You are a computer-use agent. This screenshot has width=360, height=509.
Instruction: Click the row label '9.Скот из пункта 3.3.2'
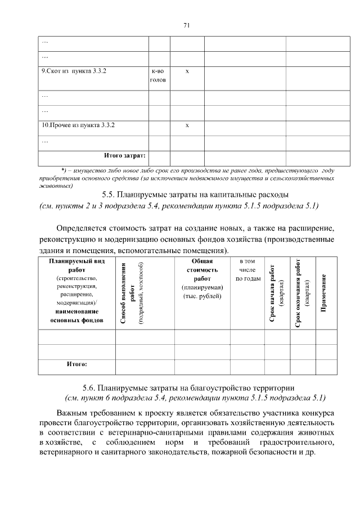74,71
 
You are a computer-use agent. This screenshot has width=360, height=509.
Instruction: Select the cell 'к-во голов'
158,76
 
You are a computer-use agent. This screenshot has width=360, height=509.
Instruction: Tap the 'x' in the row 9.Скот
187,71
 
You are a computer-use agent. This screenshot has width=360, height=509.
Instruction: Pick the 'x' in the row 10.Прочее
187,124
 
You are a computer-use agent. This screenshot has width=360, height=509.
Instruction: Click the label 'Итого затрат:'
125,155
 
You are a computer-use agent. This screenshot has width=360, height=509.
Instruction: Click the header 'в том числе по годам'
247,270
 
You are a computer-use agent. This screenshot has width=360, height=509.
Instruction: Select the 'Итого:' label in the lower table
76,364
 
